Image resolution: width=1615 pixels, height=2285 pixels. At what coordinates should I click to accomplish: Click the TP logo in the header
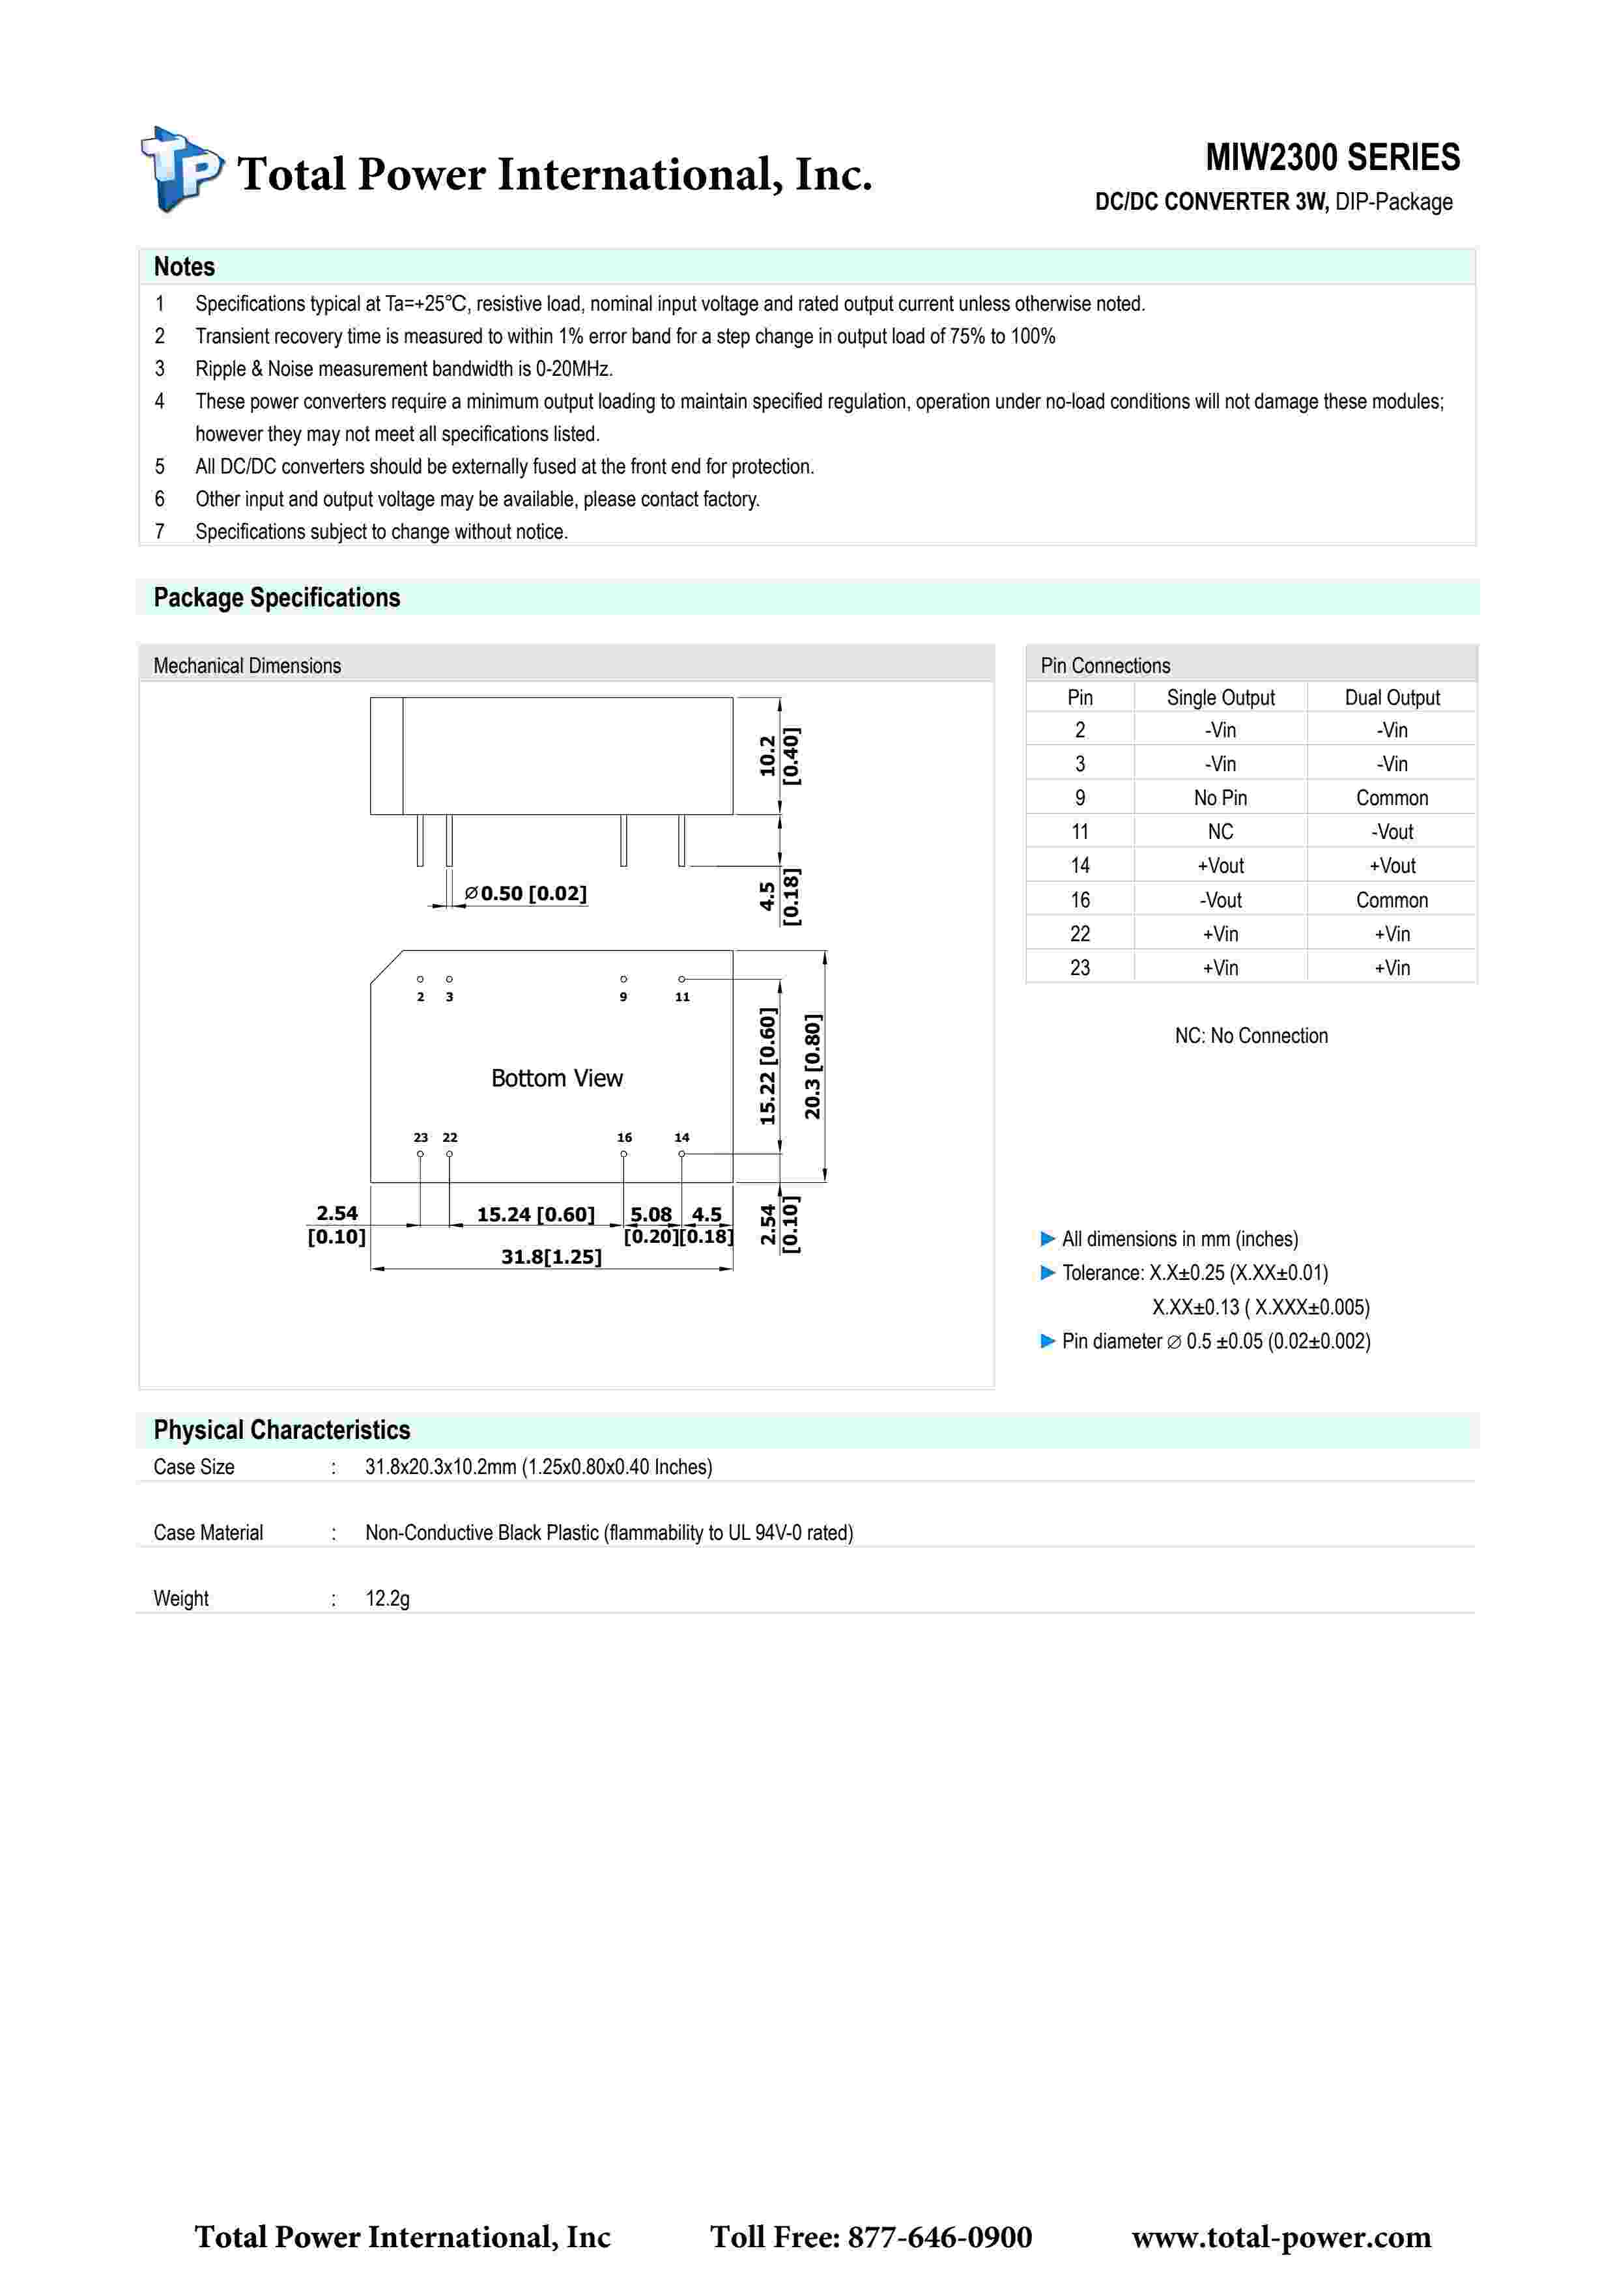[x=181, y=169]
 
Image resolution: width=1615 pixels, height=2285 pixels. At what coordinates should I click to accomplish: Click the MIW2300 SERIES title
[x=1332, y=157]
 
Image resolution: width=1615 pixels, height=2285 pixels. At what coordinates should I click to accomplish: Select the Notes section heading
[x=184, y=266]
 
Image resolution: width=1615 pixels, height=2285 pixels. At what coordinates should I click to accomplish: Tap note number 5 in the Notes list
[x=159, y=467]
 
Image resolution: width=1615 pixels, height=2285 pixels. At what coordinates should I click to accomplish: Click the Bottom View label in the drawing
[x=556, y=1078]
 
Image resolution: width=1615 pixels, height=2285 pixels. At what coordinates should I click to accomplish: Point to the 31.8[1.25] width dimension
[x=551, y=1257]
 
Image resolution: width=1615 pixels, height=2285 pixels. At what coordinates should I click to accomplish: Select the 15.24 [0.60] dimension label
[x=536, y=1214]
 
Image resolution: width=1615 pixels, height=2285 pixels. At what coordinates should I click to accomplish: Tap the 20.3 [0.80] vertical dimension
[x=813, y=1067]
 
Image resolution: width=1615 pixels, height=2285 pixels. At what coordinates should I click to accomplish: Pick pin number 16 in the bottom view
[x=624, y=1137]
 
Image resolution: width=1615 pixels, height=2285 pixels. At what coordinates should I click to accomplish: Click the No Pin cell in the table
[x=1220, y=798]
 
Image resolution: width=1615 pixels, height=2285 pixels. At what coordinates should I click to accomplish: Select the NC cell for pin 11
[x=1220, y=832]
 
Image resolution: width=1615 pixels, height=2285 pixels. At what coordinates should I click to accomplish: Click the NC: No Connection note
[x=1251, y=1036]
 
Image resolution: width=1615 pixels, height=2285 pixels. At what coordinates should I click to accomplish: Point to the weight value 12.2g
[x=387, y=1598]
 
